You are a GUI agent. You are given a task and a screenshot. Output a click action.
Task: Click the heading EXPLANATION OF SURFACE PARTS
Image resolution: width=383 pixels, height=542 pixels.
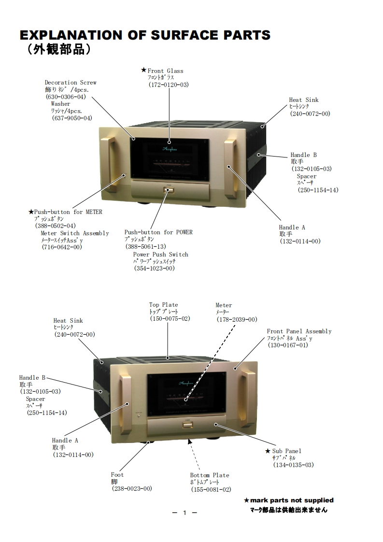pos(145,35)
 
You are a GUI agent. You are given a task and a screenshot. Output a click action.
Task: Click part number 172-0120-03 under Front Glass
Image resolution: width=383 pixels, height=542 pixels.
pos(169,85)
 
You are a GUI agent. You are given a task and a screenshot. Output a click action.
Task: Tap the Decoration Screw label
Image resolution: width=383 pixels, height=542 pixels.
pos(71,83)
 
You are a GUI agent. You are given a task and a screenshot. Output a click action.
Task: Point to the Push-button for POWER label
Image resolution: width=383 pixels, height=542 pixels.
pos(158,232)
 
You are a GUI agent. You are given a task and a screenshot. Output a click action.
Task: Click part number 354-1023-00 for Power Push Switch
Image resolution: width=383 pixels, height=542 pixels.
pos(155,269)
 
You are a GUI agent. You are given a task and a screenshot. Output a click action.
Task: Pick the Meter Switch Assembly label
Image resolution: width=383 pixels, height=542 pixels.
pos(75,233)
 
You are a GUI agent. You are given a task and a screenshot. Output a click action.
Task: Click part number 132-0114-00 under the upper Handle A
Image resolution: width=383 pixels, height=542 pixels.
pos(300,241)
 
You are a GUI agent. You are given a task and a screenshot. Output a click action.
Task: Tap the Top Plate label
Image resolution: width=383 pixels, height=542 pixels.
pos(163,305)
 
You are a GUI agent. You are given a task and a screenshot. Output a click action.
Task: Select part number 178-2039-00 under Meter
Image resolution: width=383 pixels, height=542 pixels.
pos(237,319)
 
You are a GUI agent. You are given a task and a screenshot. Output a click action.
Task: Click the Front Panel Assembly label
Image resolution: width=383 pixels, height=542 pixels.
pos(299,331)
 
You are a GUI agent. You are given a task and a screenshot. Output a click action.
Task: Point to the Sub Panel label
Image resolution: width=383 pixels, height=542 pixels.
pos(286,451)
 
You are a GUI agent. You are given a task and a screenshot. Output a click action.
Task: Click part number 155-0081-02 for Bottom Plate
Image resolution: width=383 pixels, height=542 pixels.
pos(211,489)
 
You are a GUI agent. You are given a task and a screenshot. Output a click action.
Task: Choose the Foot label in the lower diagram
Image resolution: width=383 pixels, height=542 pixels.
pos(117,475)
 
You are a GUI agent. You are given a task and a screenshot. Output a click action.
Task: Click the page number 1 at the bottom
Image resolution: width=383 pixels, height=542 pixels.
pos(184,513)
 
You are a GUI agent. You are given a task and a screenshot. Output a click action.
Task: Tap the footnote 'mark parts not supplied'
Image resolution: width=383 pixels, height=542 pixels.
pos(292,500)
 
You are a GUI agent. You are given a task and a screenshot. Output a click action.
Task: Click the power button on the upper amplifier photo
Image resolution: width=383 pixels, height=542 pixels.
pos(168,190)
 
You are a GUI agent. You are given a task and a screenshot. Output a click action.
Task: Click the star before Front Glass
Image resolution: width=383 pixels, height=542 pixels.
pos(143,70)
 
